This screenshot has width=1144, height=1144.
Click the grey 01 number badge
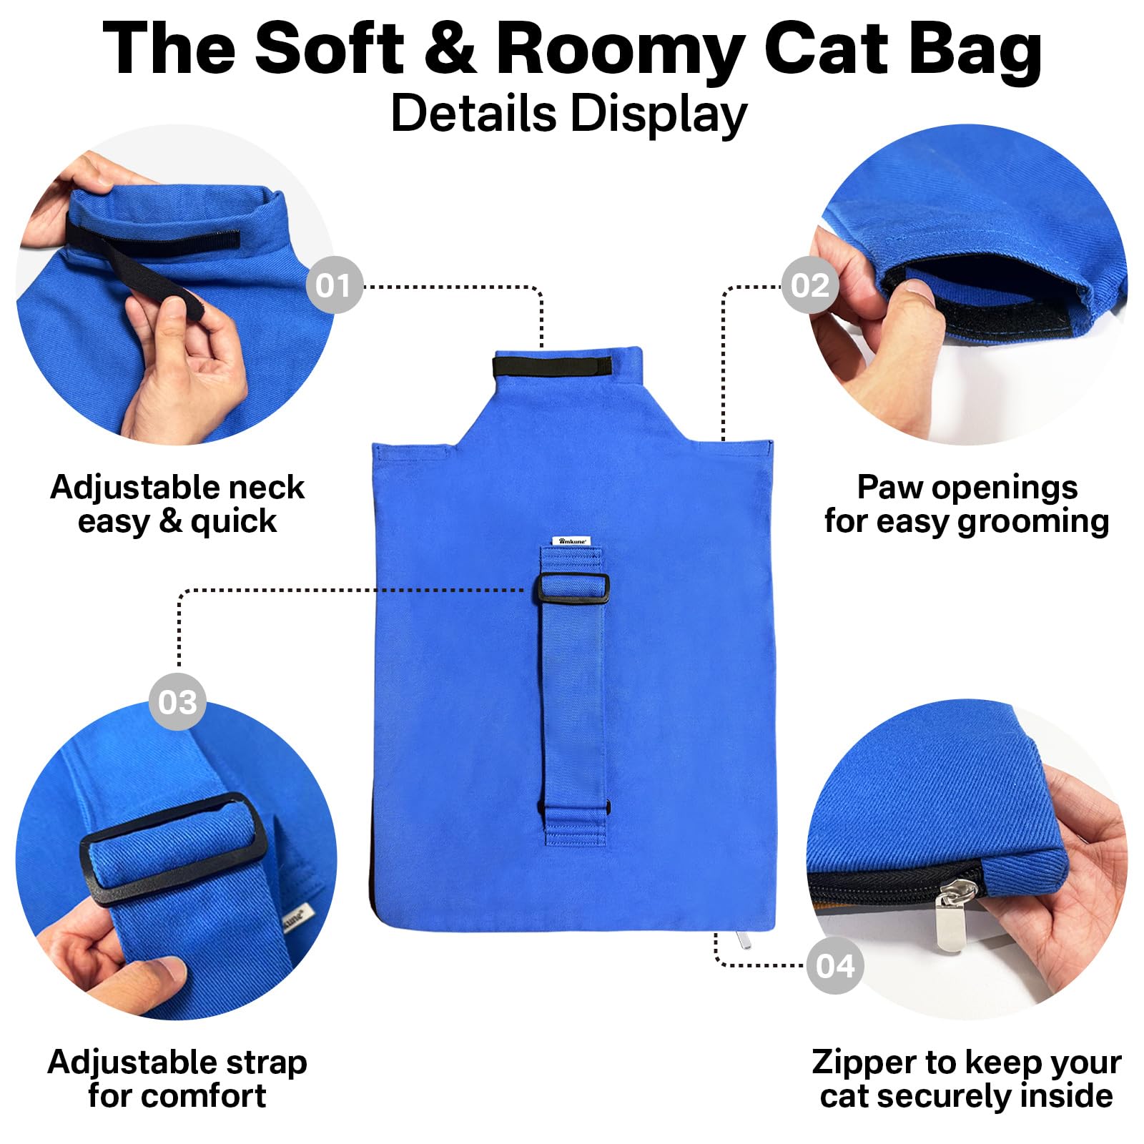334,285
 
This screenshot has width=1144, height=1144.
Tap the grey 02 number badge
809,285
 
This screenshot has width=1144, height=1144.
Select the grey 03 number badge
177,701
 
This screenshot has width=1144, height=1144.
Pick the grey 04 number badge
835,965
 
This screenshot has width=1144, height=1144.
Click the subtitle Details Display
569,114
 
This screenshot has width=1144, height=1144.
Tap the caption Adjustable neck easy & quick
177,504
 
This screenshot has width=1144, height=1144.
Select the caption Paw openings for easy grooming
967,504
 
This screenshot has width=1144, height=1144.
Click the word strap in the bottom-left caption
266,1062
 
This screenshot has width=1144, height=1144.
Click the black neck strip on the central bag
552,366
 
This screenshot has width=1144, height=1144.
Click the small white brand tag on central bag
571,541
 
